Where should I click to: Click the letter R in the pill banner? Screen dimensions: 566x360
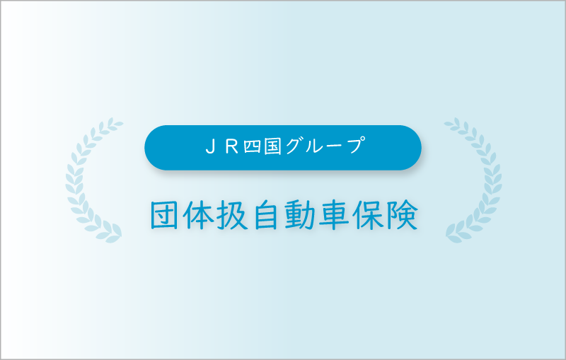coord(232,147)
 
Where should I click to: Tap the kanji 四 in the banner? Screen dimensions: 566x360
coord(253,148)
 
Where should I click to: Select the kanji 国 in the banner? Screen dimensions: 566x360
coord(272,147)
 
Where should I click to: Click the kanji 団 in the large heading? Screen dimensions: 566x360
coord(164,215)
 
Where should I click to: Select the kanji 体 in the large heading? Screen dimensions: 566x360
coord(197,215)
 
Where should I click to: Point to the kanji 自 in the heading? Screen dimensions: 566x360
coord(265,215)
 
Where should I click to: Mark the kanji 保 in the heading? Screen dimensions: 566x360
coord(367,215)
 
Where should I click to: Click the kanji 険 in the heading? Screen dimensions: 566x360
coord(402,215)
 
